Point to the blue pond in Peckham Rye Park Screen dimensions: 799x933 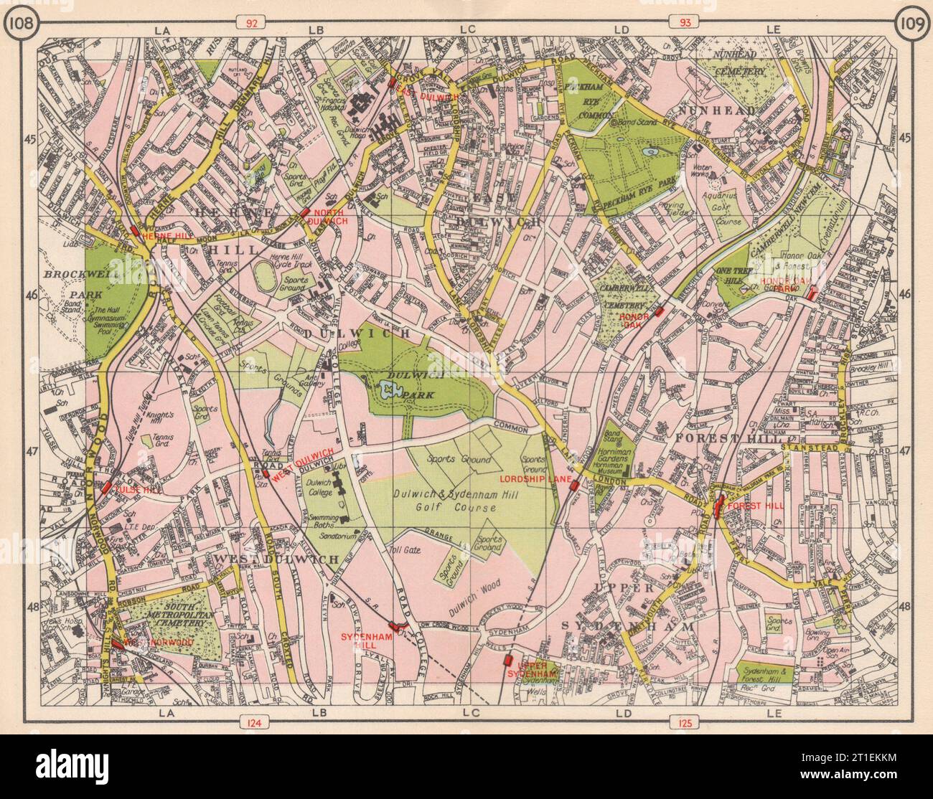(651, 153)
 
